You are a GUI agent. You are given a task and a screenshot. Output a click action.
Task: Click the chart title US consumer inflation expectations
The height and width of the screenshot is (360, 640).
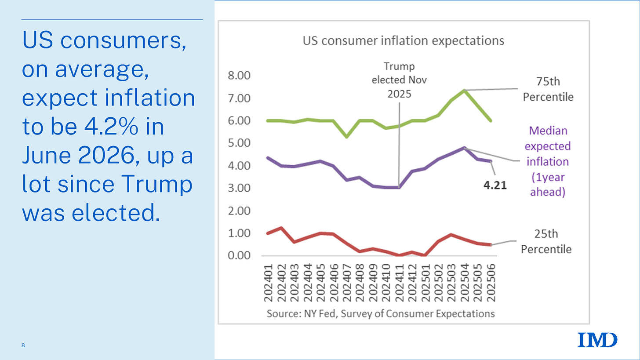403,41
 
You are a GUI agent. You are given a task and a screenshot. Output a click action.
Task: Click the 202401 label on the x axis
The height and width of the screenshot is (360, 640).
269,283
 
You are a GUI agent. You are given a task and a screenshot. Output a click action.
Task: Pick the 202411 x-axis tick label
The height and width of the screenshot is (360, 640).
399,283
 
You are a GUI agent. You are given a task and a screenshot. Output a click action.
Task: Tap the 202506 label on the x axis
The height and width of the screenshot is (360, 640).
491,283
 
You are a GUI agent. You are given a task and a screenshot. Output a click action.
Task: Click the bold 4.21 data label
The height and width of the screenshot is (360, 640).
495,185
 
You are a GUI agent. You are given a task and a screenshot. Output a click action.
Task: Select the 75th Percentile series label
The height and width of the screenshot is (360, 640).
548,89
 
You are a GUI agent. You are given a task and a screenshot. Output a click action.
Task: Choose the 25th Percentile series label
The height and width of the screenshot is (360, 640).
546,242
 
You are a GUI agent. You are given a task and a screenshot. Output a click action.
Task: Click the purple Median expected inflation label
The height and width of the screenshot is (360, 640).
548,161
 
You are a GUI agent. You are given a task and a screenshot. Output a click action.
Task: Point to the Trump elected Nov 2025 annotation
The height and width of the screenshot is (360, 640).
399,80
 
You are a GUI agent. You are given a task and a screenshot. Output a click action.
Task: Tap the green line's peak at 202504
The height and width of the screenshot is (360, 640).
465,90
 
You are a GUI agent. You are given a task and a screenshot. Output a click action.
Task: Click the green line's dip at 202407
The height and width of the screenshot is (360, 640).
347,137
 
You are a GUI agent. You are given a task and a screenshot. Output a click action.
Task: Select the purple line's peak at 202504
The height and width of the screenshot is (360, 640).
465,148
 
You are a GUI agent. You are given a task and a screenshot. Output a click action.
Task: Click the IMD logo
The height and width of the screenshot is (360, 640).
597,340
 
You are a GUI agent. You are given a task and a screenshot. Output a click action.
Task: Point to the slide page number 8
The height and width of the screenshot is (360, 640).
23,346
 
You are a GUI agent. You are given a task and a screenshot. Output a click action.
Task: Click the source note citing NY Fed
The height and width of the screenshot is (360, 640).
380,314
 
